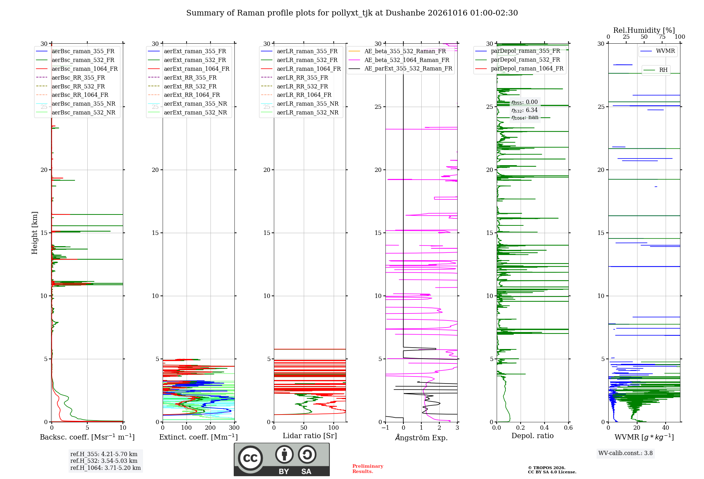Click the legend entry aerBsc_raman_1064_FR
[77, 69]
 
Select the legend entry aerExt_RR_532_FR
[182, 86]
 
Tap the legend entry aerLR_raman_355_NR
[300, 104]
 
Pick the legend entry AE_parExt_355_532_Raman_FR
[400, 68]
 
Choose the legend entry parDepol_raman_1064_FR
[519, 68]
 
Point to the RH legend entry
[655, 70]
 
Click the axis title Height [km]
[34, 233]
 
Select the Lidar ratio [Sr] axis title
[310, 436]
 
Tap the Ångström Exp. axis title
[421, 437]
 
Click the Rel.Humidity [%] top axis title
[644, 30]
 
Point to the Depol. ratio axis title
[533, 436]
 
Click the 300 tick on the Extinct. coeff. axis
[234, 428]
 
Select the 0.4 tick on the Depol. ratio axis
[545, 428]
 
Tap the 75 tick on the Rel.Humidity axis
[662, 37]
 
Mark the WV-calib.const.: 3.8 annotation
[626, 453]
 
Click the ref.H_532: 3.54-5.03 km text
[104, 461]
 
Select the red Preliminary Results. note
[368, 469]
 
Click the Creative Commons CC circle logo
[250, 458]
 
